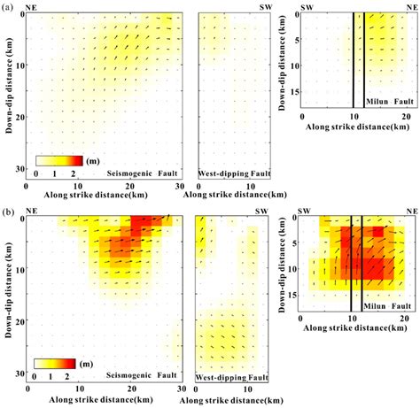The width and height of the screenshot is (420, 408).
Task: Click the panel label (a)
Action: (x=7, y=5)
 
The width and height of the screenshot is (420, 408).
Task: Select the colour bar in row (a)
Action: (x=59, y=161)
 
